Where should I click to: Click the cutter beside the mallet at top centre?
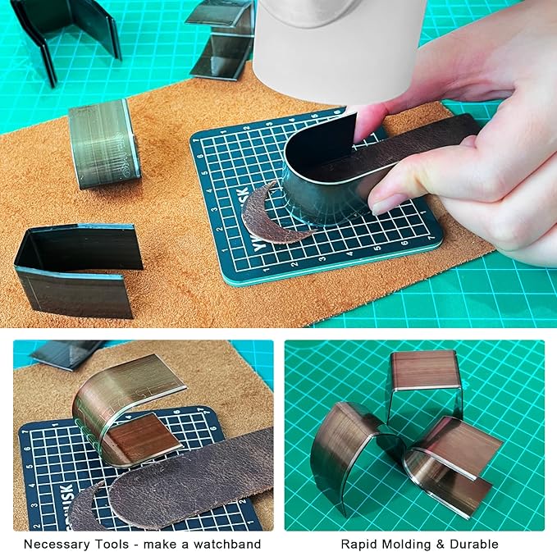coord(221,41)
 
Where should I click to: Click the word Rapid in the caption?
coord(358,544)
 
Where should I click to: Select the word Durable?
coord(476,544)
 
